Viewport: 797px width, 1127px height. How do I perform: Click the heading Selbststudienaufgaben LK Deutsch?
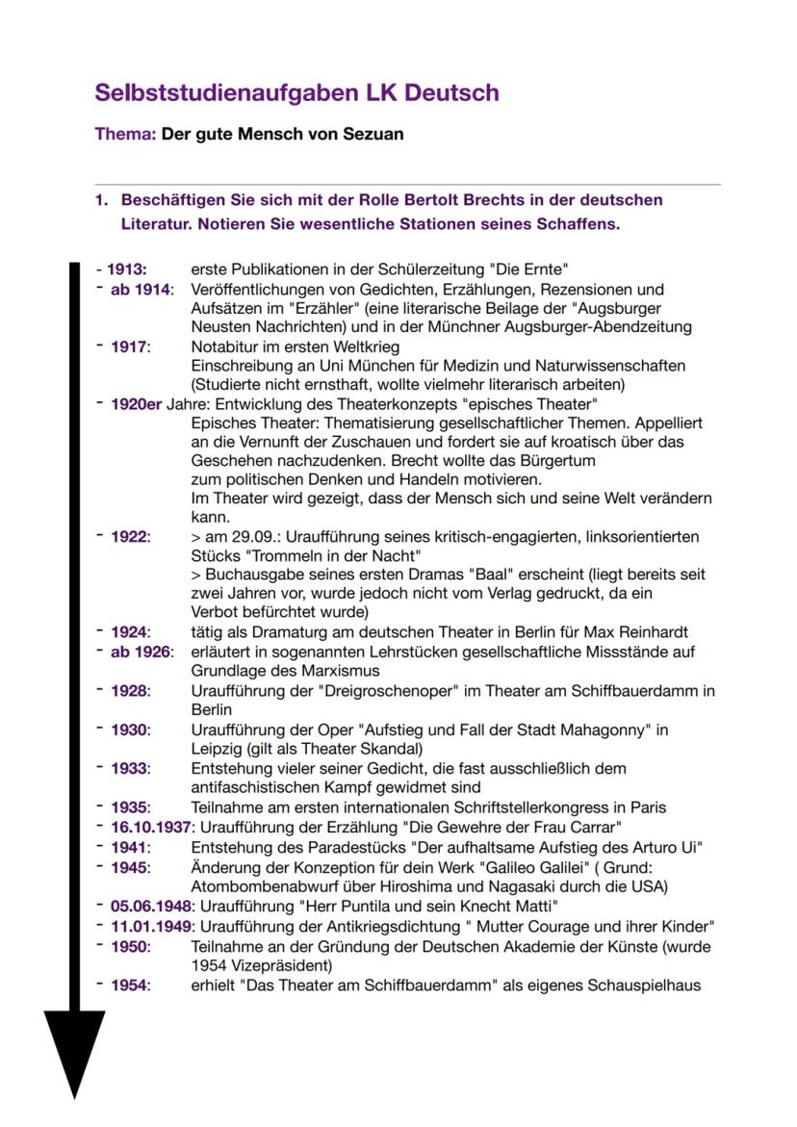296,93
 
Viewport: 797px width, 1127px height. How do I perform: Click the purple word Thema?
123,134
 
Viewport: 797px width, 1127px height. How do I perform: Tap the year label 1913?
126,269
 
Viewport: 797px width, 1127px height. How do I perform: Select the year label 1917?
130,346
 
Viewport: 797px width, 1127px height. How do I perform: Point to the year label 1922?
130,536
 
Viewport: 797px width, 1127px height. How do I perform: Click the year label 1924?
130,632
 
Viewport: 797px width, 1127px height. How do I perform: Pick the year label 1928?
130,691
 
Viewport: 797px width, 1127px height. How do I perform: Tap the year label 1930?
130,730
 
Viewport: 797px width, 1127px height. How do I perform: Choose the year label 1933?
130,768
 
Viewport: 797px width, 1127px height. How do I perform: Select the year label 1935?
130,807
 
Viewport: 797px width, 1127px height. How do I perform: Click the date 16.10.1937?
150,827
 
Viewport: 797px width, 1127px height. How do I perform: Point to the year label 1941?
130,847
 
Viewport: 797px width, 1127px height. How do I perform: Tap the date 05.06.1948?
150,906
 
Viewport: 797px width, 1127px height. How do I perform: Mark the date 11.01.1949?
150,926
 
